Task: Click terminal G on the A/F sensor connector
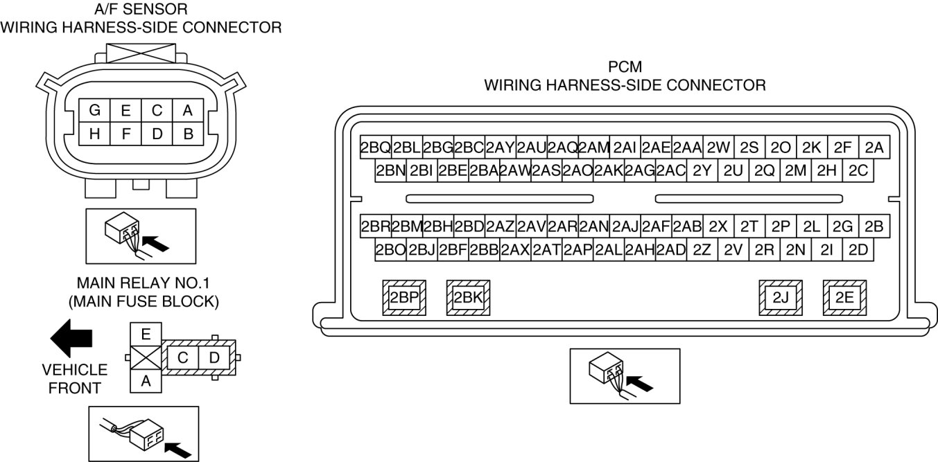coord(95,111)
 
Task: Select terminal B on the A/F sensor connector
coord(188,134)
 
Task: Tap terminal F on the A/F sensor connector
coord(125,134)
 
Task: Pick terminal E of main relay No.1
coord(146,334)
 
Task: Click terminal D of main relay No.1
coord(214,358)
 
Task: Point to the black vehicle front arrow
coord(72,337)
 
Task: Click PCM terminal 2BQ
coord(375,148)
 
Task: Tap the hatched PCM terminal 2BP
coord(405,298)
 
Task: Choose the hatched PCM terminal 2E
coord(844,298)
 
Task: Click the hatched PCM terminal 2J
coord(781,298)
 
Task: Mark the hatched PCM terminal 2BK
coord(468,298)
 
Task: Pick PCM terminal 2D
coord(858,250)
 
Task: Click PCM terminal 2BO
coord(390,250)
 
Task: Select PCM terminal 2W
coord(719,148)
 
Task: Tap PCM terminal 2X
coord(719,226)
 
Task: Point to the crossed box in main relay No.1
coord(146,357)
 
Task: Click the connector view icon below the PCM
coord(624,375)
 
